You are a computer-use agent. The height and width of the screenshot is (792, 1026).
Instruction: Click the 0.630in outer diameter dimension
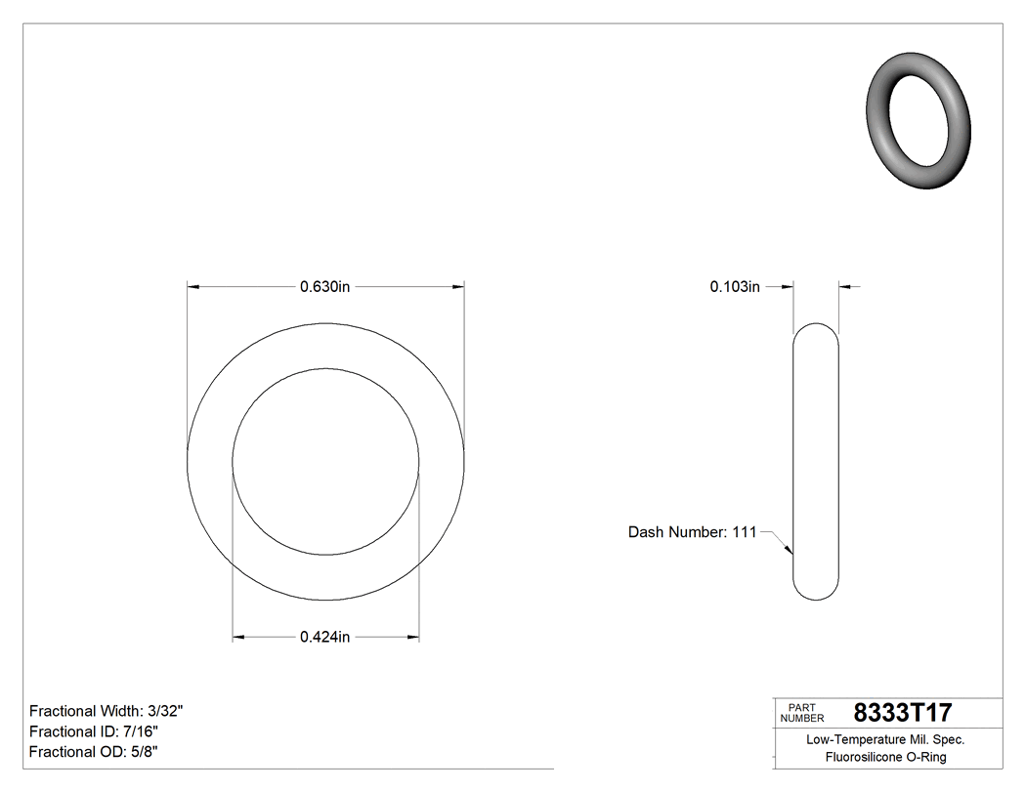(324, 287)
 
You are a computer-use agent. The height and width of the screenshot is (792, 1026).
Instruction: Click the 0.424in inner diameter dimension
(324, 638)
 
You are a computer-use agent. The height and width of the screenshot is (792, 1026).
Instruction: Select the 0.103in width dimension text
(735, 287)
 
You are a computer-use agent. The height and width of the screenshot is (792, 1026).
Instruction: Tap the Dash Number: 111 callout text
(692, 532)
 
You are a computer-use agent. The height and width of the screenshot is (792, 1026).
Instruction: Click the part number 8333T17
(902, 712)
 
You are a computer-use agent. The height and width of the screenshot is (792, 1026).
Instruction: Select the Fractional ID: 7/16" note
(94, 731)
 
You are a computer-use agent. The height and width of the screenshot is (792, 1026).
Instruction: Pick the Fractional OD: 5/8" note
(94, 752)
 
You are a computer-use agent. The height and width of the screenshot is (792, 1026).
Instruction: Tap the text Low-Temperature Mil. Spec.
(885, 739)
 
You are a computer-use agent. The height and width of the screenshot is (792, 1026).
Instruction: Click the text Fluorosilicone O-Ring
(885, 757)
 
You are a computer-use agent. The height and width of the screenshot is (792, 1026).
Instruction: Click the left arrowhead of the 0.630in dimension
(193, 287)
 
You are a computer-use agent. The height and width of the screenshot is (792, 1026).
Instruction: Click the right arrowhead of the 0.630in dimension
(457, 287)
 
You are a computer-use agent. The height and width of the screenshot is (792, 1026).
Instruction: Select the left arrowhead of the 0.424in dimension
(238, 638)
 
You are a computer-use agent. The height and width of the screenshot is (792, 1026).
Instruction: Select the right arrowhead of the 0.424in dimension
(413, 638)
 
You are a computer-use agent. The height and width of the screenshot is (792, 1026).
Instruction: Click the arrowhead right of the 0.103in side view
(845, 287)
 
